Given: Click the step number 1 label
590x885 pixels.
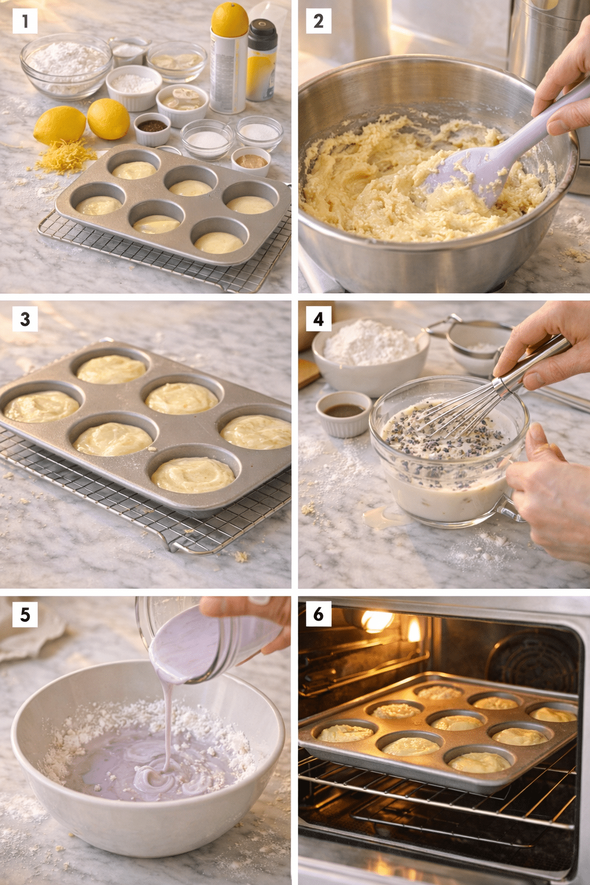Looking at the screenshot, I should pyautogui.click(x=25, y=21).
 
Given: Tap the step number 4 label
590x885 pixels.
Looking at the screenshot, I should pyautogui.click(x=319, y=319).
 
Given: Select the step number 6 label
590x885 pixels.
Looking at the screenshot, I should pyautogui.click(x=319, y=614).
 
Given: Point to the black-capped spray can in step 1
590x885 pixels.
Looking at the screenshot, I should pyautogui.click(x=262, y=60).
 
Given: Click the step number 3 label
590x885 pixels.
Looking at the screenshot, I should pyautogui.click(x=25, y=319).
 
